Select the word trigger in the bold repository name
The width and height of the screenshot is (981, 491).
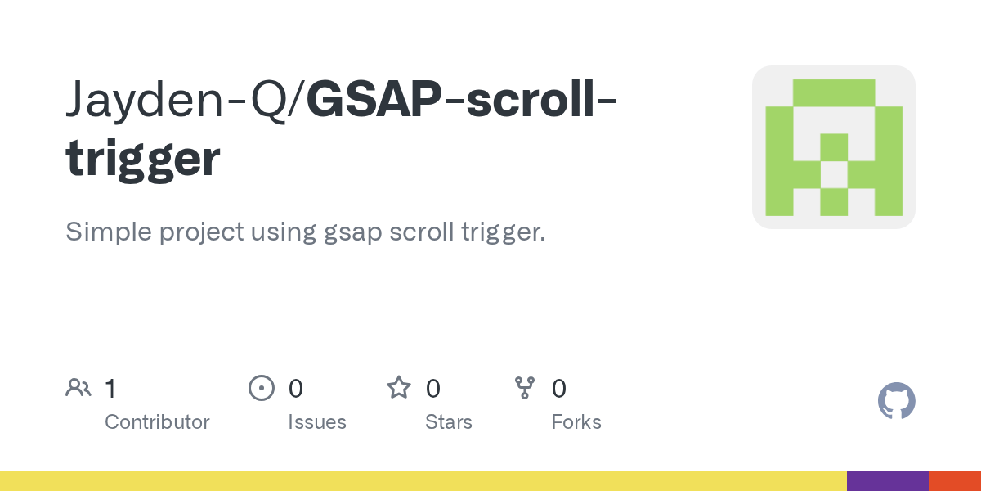point(143,160)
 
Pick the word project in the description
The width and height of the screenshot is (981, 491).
point(201,232)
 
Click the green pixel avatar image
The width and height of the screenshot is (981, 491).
point(833,147)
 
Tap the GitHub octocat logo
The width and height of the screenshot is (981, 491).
point(896,401)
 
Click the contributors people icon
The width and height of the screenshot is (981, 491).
point(78,388)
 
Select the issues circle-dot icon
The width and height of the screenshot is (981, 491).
point(262,388)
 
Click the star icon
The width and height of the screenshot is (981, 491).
point(399,388)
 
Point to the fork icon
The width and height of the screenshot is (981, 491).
point(525,388)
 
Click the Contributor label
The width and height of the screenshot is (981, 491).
point(157,422)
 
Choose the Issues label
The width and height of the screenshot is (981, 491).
point(317,422)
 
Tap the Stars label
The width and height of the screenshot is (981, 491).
point(449,422)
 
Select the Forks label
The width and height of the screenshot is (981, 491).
point(576,422)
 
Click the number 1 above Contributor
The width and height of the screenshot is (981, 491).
point(110,388)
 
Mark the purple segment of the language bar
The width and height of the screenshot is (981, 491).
point(887,481)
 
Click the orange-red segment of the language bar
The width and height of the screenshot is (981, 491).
point(955,481)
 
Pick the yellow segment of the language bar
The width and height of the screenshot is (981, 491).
point(423,481)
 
